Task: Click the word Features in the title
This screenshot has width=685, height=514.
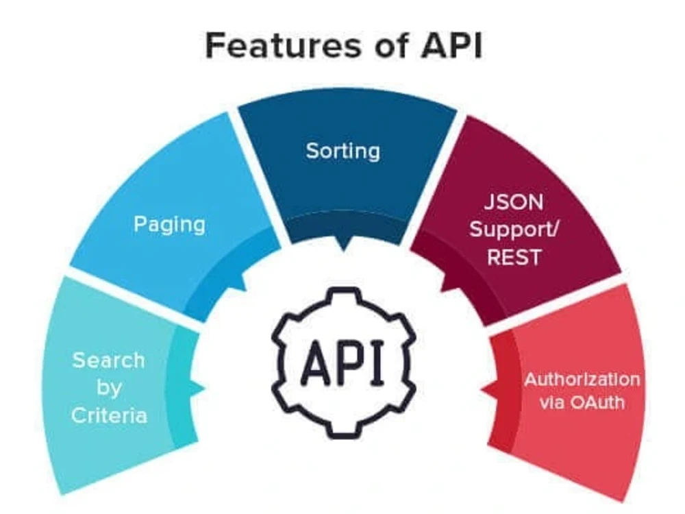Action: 284,45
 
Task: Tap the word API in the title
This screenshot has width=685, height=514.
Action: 451,45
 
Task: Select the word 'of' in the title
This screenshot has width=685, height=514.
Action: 391,45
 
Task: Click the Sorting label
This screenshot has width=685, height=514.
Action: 343,151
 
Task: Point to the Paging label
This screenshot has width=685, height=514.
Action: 169,225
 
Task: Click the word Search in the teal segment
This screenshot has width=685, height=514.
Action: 108,360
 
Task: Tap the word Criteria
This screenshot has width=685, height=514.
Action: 109,415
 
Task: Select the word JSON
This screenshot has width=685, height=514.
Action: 514,202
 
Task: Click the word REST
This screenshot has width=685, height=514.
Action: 514,257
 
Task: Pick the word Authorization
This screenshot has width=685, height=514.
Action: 582,380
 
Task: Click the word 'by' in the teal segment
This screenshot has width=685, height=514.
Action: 109,388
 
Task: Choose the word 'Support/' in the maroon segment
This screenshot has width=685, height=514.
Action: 514,230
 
